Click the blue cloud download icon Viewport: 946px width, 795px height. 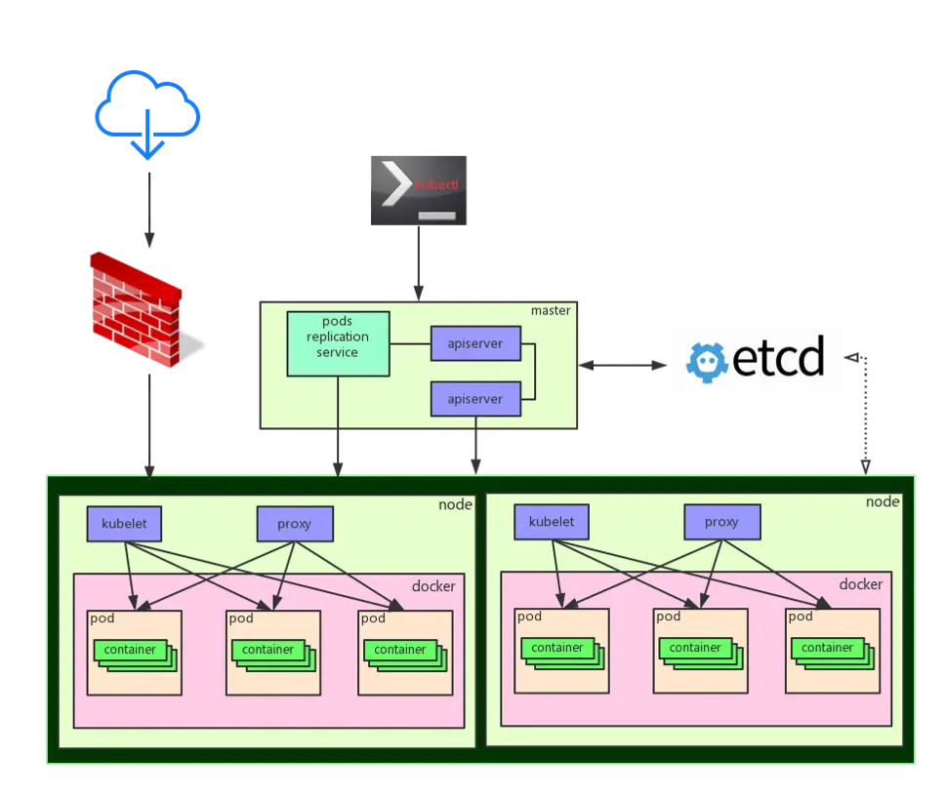pos(147,109)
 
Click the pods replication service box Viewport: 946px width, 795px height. pos(338,343)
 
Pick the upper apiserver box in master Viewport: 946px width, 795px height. pos(475,343)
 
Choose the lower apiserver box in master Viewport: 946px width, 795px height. pos(475,399)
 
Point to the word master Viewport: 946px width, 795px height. pos(551,310)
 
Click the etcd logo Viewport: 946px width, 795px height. pos(757,359)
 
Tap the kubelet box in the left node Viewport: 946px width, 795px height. pos(124,524)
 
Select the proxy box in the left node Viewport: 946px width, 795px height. pos(295,524)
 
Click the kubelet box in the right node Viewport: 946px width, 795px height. pos(552,522)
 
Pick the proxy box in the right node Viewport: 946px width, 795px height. pos(721,522)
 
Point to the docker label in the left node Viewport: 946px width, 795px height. pos(432,586)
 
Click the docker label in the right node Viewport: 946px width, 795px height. pos(860,584)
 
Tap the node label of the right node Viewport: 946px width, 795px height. pos(883,501)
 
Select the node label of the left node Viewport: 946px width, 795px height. pos(455,504)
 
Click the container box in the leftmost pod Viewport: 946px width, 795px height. pos(131,650)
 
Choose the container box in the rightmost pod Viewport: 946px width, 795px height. pos(827,648)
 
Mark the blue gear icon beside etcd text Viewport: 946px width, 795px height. pos(708,360)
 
